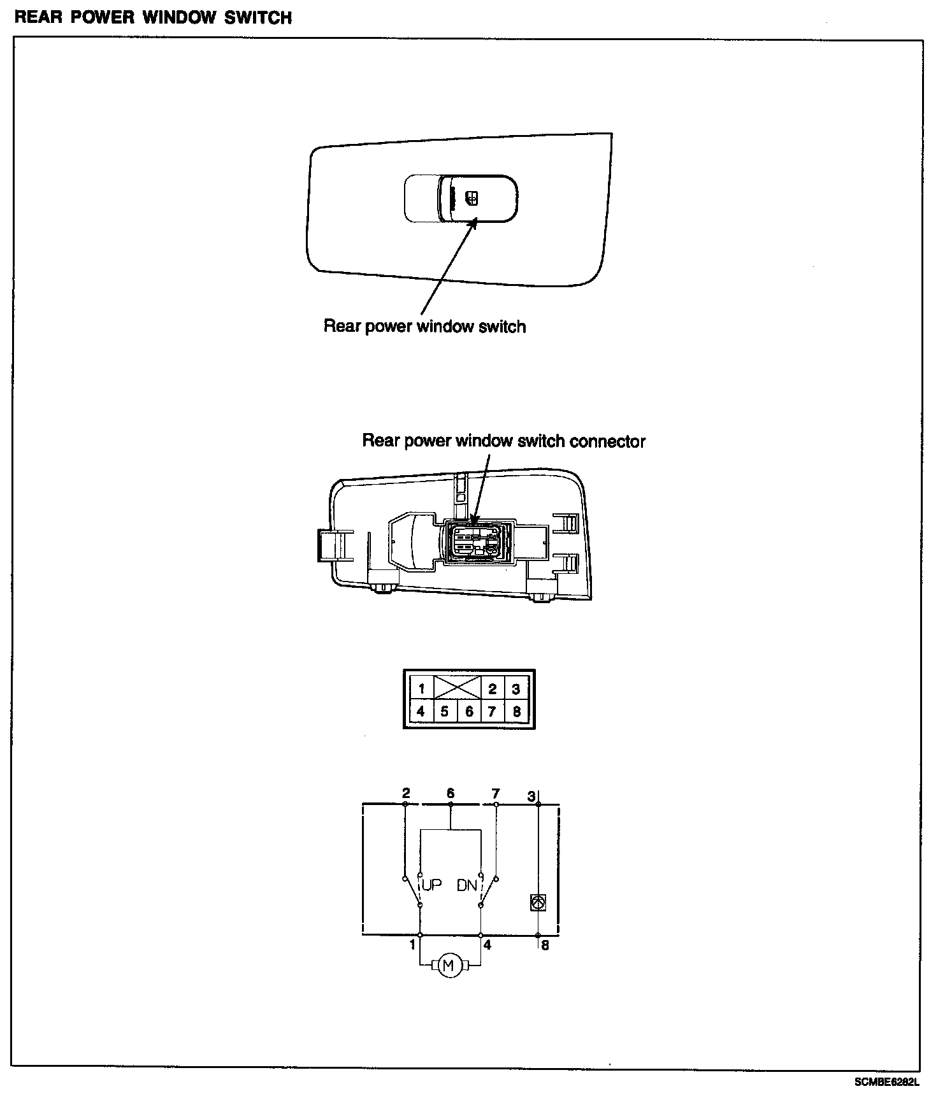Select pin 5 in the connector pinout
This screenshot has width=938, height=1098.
445,711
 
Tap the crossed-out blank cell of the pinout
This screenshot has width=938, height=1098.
458,688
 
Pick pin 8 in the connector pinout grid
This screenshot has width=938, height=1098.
516,711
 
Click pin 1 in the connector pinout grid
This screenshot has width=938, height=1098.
421,688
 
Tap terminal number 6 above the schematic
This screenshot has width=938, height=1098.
451,794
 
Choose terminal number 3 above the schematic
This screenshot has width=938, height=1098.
531,795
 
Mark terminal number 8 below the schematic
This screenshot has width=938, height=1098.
545,946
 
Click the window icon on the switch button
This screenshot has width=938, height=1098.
472,198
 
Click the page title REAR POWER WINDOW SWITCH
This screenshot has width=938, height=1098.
153,17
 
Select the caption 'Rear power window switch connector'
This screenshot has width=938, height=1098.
503,441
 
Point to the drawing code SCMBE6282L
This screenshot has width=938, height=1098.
887,1082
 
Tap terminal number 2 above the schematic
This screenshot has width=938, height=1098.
406,794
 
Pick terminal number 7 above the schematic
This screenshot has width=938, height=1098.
496,794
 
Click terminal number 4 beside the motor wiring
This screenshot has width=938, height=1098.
487,945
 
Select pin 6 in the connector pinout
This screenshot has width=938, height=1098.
469,711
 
